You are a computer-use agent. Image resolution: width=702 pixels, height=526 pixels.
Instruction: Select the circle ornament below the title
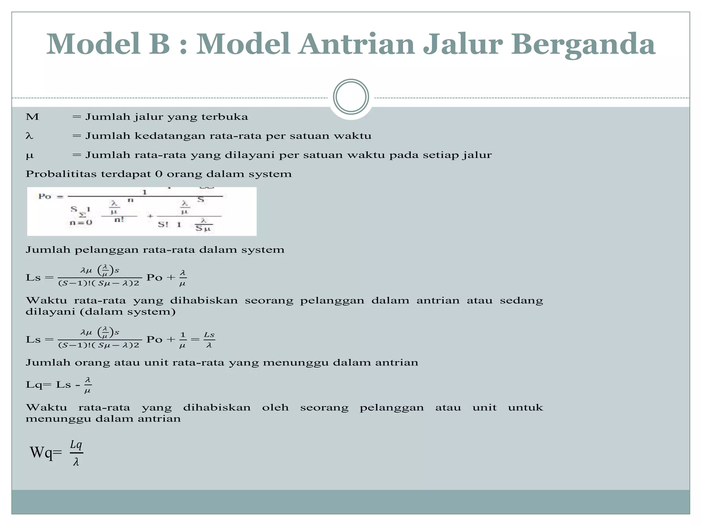[351, 97]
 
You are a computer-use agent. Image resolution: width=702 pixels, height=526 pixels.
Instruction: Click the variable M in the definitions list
[32, 117]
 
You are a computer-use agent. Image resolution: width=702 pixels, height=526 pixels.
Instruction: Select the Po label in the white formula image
[45, 197]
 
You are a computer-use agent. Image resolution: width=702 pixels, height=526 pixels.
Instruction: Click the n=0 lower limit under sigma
[81, 223]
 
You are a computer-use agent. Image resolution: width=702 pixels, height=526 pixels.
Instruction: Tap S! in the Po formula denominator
[163, 225]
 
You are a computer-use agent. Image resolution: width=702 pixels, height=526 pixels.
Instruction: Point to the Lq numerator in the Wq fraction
[76, 445]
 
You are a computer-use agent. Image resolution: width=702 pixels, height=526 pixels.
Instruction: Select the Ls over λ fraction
[209, 340]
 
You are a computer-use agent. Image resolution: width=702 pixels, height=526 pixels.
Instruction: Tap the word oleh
[275, 408]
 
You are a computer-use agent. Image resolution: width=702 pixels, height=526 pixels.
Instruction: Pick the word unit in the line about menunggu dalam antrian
[484, 408]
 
